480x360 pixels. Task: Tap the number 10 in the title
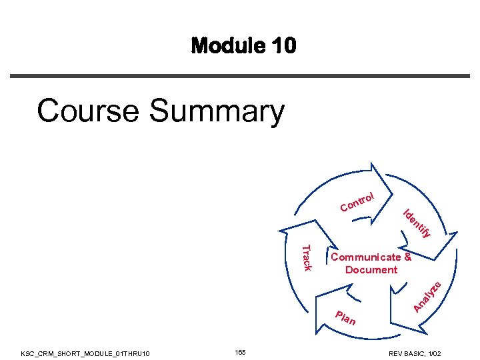pyautogui.click(x=282, y=46)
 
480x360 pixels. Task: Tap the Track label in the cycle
pyautogui.click(x=307, y=257)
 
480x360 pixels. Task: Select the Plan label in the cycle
pyautogui.click(x=345, y=318)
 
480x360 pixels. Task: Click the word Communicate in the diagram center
pyautogui.click(x=366, y=257)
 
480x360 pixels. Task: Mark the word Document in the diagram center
pyautogui.click(x=371, y=269)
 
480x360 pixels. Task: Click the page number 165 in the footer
pyautogui.click(x=241, y=351)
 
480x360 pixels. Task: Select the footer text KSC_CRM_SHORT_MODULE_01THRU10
pyautogui.click(x=85, y=352)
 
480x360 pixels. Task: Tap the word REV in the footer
pyautogui.click(x=397, y=352)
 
